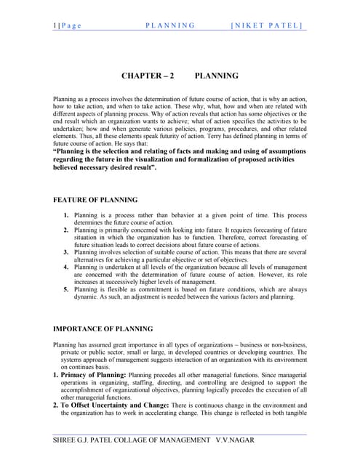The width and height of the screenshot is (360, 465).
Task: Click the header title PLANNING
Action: click(170, 25)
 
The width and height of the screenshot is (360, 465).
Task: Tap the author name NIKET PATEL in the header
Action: click(266, 25)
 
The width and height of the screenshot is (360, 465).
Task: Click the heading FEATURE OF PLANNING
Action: click(96, 199)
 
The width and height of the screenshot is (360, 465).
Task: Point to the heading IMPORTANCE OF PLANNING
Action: click(103, 328)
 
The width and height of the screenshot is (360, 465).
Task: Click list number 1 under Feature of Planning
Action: click(66, 216)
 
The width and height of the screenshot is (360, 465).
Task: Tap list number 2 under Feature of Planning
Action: click(66, 230)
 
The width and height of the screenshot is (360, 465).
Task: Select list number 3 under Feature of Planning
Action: click(66, 251)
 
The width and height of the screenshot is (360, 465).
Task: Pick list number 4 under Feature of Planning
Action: click(66, 266)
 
